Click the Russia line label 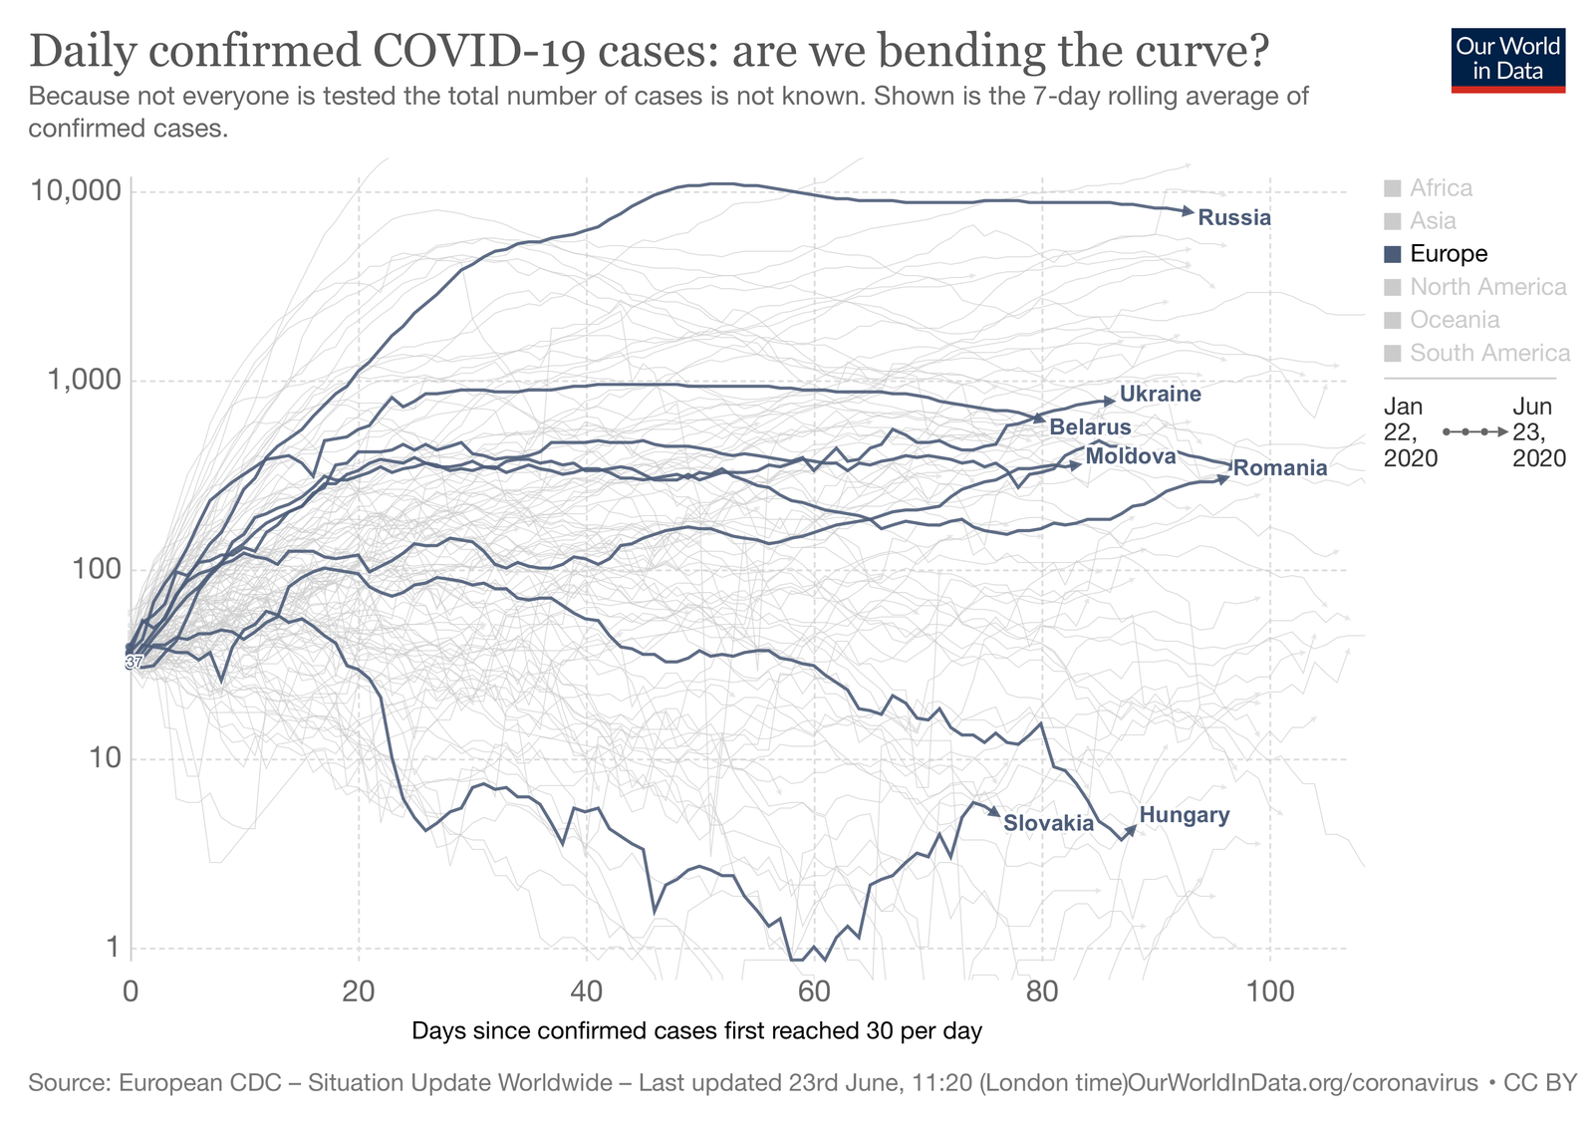(1234, 218)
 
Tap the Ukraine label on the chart (1160, 394)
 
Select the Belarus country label (1090, 427)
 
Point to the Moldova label (1131, 456)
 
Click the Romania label (1280, 468)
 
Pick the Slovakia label (1048, 823)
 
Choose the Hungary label (1184, 815)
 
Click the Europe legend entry (1448, 254)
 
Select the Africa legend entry (1441, 188)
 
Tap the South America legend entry (1489, 353)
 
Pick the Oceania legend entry (1455, 320)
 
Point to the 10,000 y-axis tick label (76, 190)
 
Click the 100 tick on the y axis (97, 570)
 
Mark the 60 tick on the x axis (814, 991)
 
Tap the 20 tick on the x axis (358, 991)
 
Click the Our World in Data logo (1507, 60)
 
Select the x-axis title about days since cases (696, 1031)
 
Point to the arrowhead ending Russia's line (1188, 211)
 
